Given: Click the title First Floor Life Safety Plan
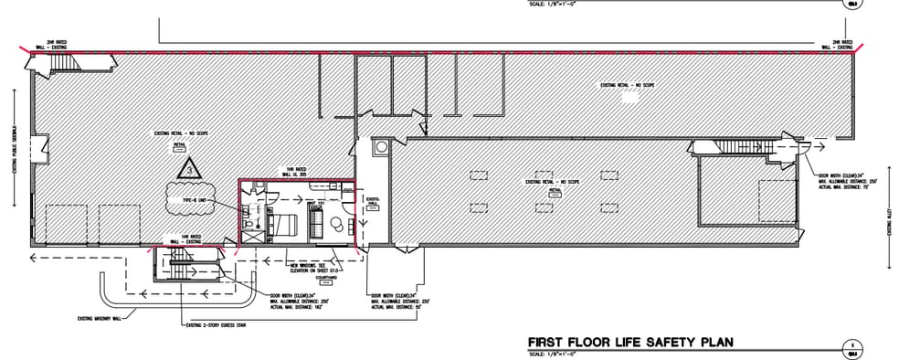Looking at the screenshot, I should coord(630,343).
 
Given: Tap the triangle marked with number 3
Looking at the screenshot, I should coord(188,166).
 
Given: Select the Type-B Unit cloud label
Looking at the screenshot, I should coord(189,198).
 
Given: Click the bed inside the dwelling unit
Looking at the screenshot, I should coord(285,223).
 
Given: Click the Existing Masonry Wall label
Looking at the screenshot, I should coord(100,319).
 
